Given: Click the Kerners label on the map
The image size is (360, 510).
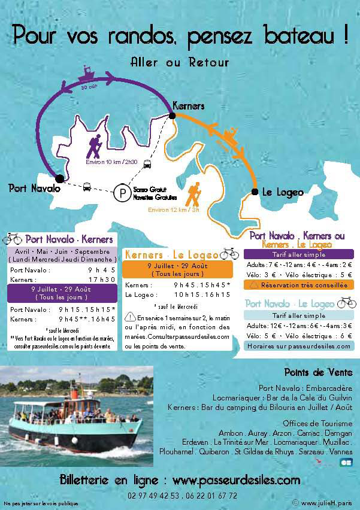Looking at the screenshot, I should pyautogui.click(x=188, y=106).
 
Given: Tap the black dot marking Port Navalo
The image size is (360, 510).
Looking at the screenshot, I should pyautogui.click(x=59, y=178).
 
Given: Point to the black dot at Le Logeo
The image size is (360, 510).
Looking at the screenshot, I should pyautogui.click(x=255, y=192).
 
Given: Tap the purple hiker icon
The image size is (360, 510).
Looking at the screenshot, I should pyautogui.click(x=93, y=145).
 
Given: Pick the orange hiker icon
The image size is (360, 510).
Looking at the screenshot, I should pyautogui.click(x=194, y=193).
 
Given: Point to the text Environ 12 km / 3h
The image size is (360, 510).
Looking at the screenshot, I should pyautogui.click(x=174, y=210).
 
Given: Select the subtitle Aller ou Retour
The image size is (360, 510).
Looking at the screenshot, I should pyautogui.click(x=180, y=62).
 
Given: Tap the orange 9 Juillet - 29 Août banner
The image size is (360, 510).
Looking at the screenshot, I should pyautogui.click(x=170, y=269).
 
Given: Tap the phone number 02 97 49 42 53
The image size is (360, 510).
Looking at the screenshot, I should pyautogui.click(x=152, y=496).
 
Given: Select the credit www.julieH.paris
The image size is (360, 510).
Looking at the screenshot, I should pyautogui.click(x=325, y=503).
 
